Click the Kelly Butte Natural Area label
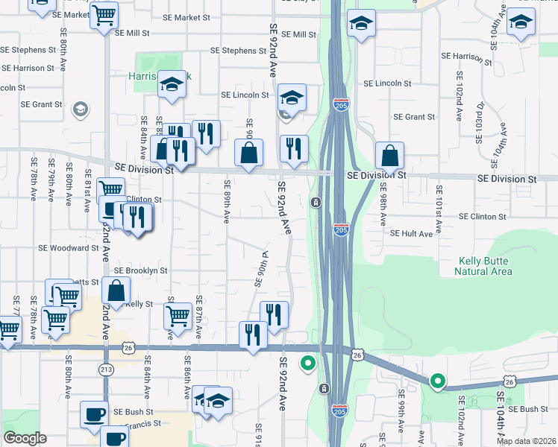[483, 266]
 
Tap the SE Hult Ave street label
[411, 233]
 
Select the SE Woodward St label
[69, 248]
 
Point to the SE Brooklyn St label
[140, 270]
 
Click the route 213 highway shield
[105, 369]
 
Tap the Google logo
[25, 438]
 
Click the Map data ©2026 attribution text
[526, 441]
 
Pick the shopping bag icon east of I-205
[389, 156]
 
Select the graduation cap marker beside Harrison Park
[172, 85]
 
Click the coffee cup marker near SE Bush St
[95, 414]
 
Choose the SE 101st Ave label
[439, 209]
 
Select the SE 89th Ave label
[226, 200]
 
